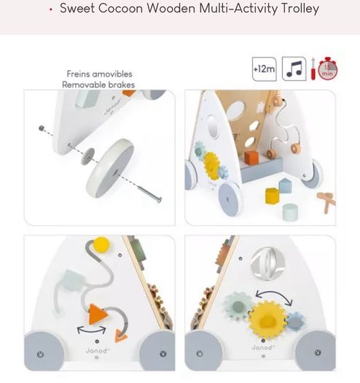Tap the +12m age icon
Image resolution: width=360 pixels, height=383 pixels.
tap(265, 69)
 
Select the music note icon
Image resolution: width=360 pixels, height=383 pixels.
tap(294, 69)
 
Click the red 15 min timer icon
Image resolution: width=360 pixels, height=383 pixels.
tap(328, 69)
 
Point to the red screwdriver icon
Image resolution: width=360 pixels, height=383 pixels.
tap(313, 69)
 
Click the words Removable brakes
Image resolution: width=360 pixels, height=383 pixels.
tap(98, 85)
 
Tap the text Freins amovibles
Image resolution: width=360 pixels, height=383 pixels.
tap(100, 74)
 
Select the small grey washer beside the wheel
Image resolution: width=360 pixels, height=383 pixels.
tap(87, 156)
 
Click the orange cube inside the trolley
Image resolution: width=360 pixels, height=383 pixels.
tap(251, 157)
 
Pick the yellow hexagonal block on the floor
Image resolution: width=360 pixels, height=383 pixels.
tap(272, 196)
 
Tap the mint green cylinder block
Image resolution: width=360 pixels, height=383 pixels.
tap(290, 212)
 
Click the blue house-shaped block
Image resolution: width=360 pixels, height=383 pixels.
tap(286, 185)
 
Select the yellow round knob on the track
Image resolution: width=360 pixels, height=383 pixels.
tap(101, 244)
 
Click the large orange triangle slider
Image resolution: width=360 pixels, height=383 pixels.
tap(98, 314)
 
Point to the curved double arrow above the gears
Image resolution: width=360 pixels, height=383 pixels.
tap(274, 294)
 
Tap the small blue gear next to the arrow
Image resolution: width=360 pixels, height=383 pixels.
tap(296, 321)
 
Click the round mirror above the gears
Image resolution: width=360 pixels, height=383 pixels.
tap(267, 263)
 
